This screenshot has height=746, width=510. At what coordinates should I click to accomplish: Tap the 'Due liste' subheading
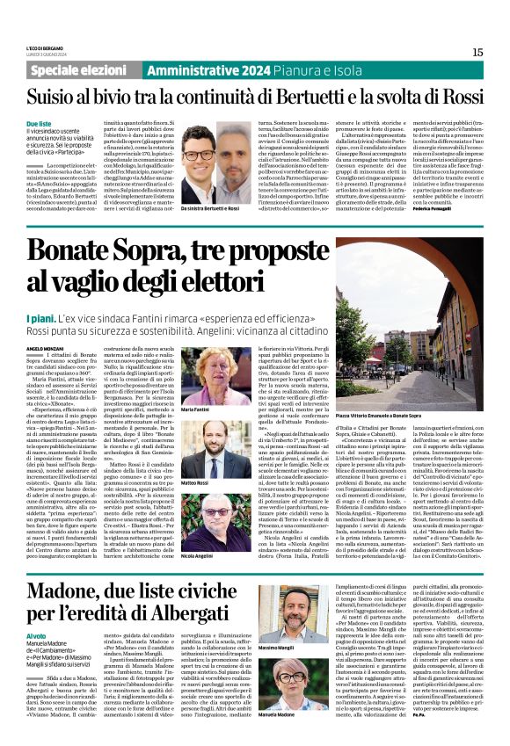coord(63,125)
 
